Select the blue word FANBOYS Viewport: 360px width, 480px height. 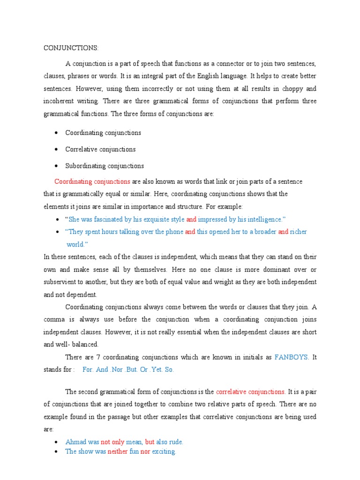(x=292, y=357)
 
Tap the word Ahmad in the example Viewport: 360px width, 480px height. (x=75, y=442)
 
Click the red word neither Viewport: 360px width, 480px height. (x=117, y=451)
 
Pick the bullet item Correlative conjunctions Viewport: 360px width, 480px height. (x=100, y=149)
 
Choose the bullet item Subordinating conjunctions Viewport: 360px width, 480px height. (x=105, y=165)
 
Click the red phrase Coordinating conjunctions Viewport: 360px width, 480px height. (x=92, y=181)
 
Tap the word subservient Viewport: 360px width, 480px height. (x=62, y=282)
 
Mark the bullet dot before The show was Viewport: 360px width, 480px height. (x=56, y=451)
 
